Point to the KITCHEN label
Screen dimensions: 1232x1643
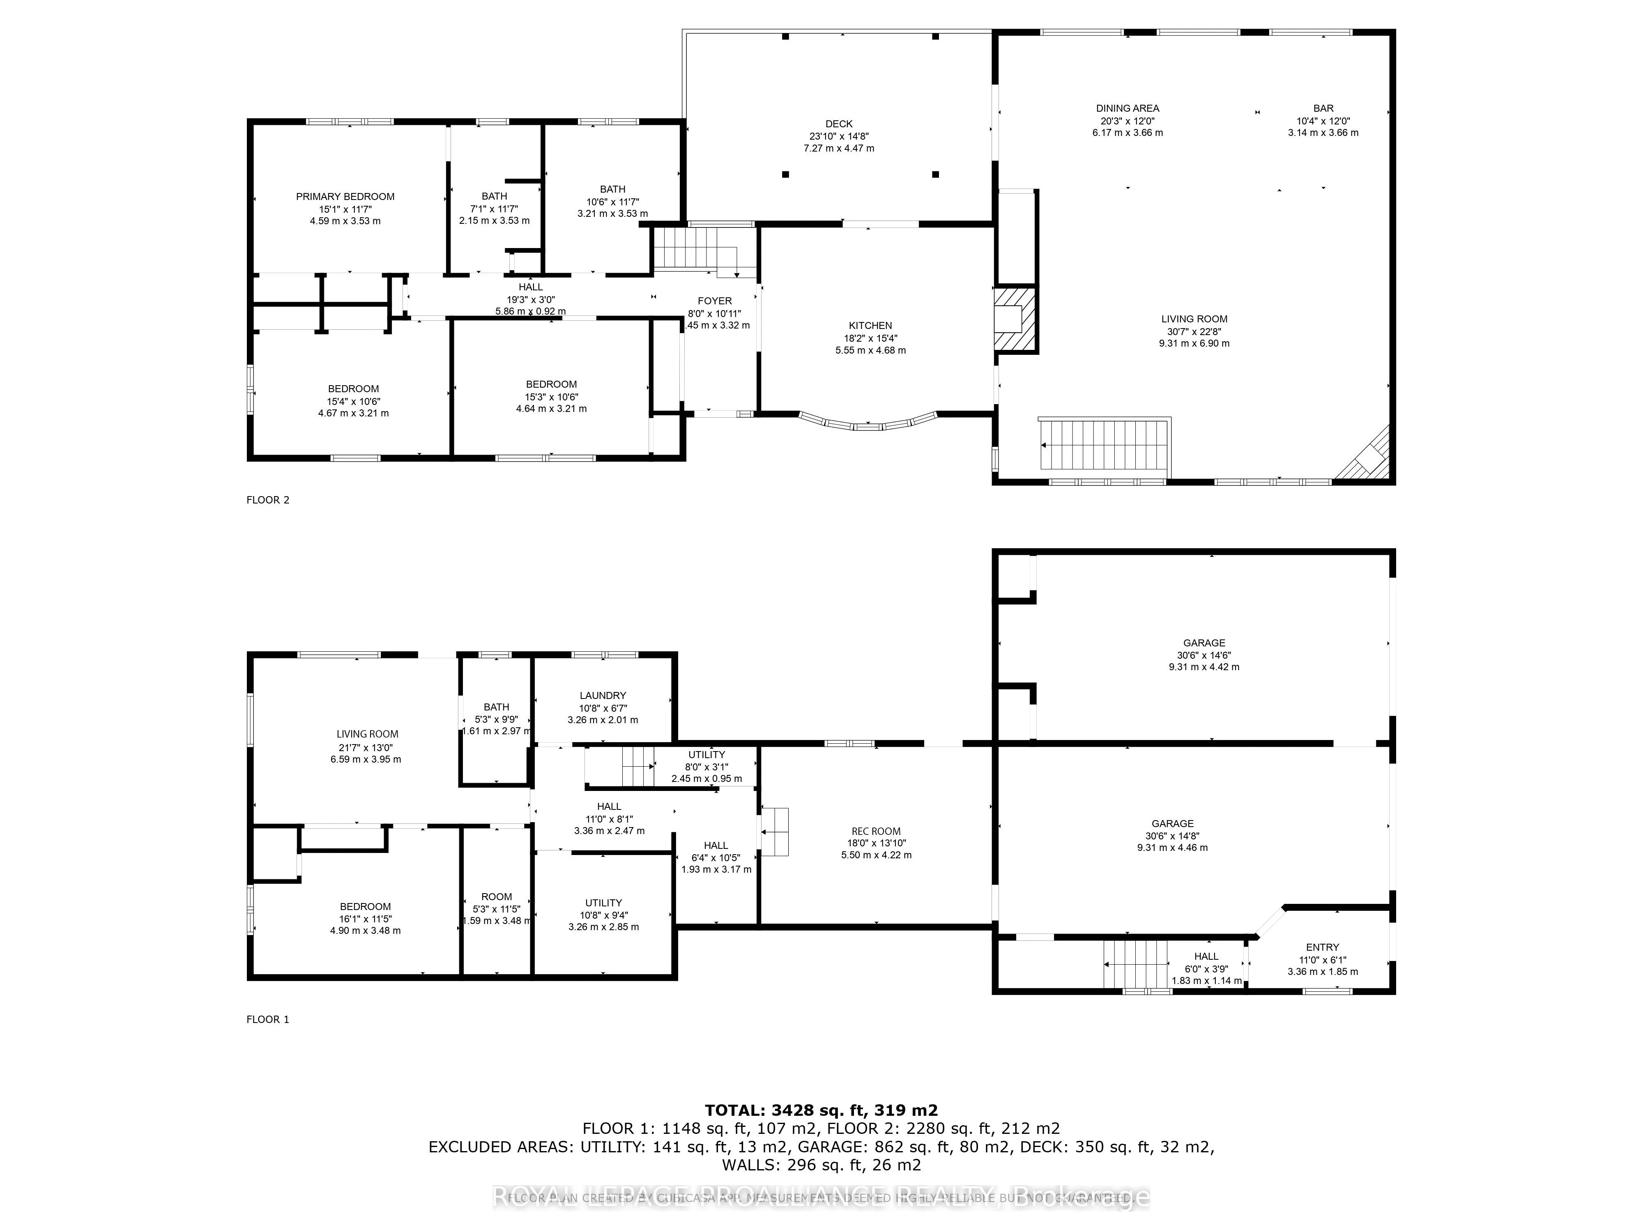(870, 325)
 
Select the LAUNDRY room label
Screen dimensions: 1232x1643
(603, 696)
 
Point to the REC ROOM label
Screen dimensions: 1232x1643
(876, 832)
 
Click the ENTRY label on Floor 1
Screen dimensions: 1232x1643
(1322, 947)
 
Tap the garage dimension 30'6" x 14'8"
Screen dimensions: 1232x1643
(1172, 835)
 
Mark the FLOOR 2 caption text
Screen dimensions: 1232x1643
(267, 500)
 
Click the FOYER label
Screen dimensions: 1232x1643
(715, 301)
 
